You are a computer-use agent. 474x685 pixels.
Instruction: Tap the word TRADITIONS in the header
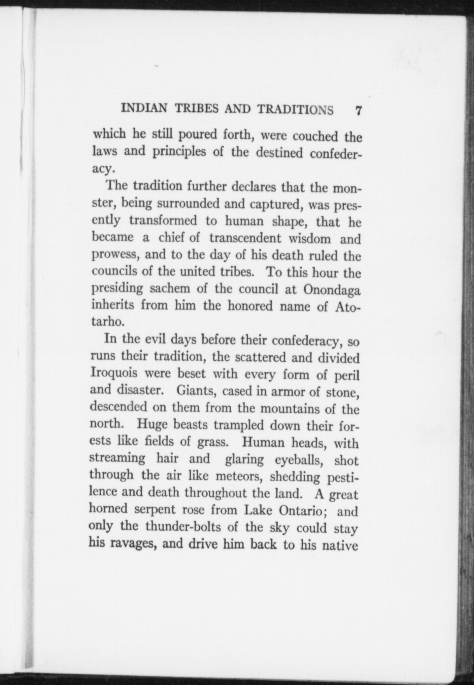296,110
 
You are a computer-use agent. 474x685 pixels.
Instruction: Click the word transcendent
245,238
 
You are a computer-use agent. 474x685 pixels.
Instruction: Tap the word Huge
151,424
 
